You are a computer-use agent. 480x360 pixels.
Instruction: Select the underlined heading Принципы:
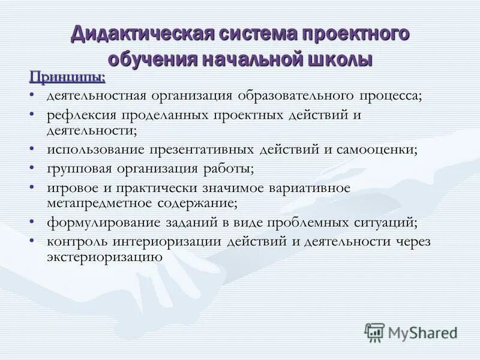[x=67, y=77]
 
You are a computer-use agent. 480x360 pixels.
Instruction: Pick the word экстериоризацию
[x=105, y=256]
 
